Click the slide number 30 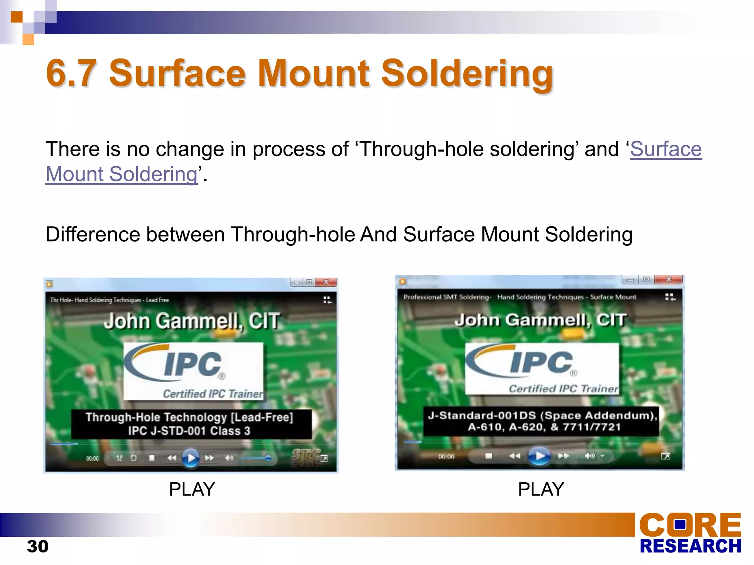(38, 547)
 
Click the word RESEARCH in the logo (690, 546)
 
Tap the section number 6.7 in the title (71, 73)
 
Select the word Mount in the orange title (313, 73)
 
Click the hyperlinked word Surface (666, 149)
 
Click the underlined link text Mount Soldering (121, 174)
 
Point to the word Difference (93, 234)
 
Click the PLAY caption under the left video (192, 489)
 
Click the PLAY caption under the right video (541, 489)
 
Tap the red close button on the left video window (326, 282)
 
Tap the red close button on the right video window (669, 280)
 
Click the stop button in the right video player (489, 456)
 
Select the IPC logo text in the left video (193, 364)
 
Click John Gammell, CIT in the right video (540, 320)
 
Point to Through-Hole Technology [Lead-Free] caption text (189, 417)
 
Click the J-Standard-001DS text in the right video (482, 416)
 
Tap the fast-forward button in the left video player (209, 458)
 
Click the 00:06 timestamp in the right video (446, 456)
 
